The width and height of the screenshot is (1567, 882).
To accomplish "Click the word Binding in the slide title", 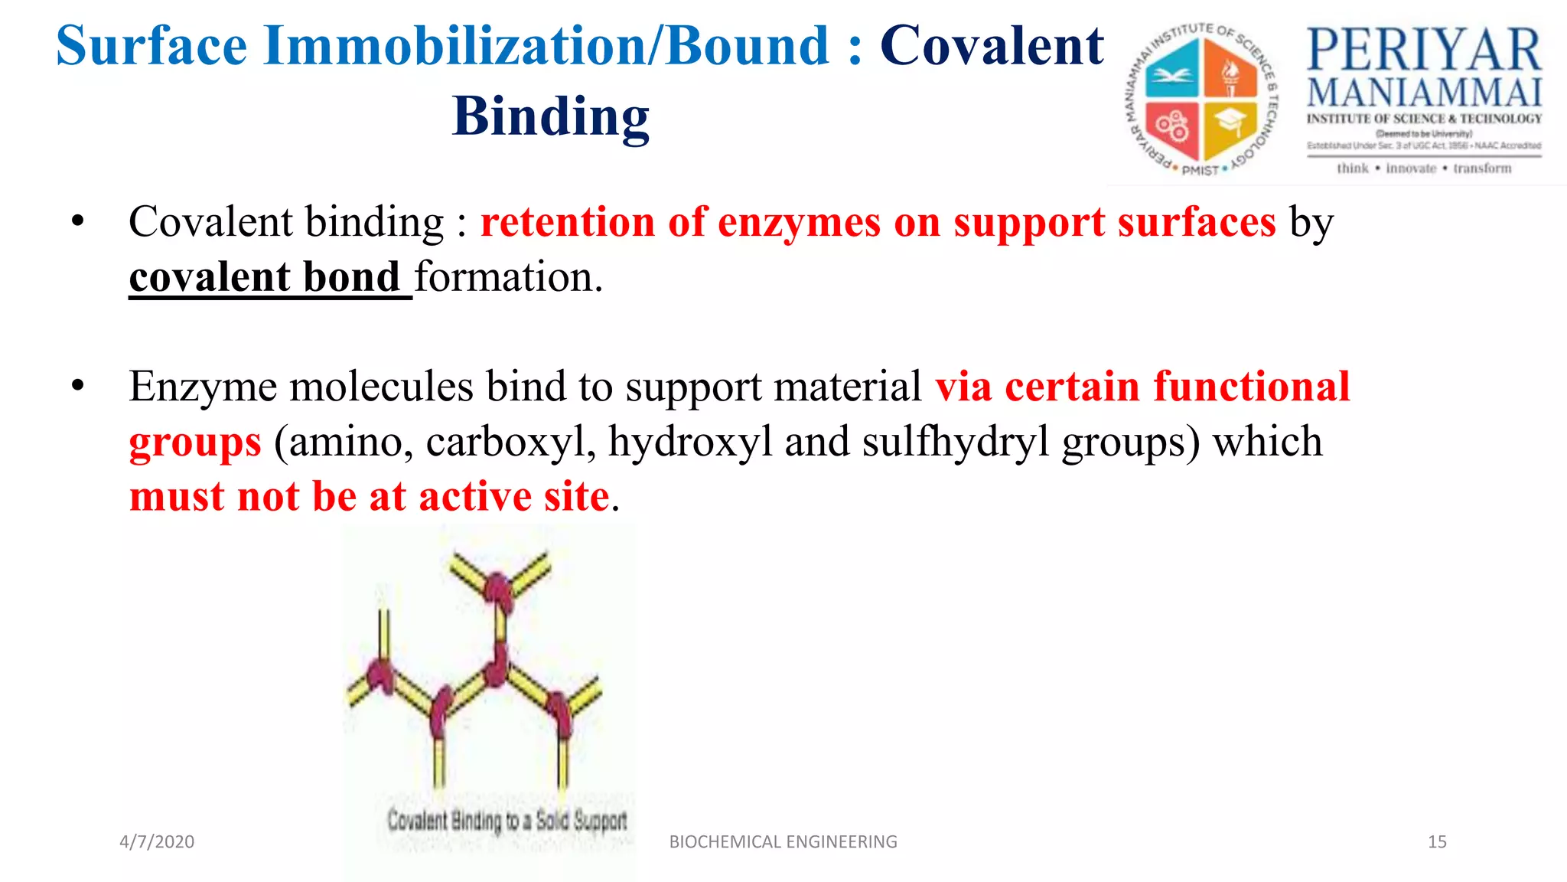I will [550, 117].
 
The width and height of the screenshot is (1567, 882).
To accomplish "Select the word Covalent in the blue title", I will [992, 46].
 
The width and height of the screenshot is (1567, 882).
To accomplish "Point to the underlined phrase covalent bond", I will [265, 277].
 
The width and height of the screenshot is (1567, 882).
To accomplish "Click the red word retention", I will [567, 223].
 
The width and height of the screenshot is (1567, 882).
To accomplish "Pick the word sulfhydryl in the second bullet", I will [956, 442].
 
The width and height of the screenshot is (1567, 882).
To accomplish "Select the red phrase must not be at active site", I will [370, 496].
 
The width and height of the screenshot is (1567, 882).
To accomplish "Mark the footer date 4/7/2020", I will [157, 841].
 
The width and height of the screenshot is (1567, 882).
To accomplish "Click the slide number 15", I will [1437, 841].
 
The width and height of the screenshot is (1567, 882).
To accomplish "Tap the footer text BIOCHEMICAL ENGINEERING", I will [783, 841].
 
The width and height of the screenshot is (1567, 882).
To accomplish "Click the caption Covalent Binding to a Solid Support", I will [507, 821].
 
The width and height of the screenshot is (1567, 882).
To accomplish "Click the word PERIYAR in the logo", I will [1424, 51].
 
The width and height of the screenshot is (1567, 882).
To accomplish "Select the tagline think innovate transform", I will [1424, 168].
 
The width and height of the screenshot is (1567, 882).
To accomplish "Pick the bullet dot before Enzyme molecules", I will [77, 386].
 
